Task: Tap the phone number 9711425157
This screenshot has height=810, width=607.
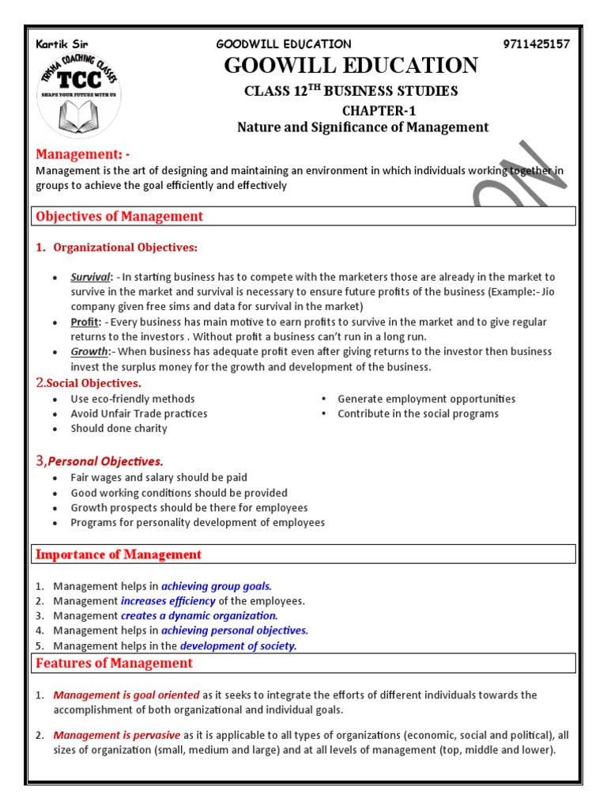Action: (536, 44)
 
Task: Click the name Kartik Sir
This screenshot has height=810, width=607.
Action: (59, 44)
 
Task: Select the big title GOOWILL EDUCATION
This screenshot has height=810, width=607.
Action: (351, 66)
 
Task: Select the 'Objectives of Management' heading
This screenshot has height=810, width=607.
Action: (119, 216)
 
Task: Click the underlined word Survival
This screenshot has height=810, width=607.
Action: (90, 277)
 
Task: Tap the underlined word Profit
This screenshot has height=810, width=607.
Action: (85, 322)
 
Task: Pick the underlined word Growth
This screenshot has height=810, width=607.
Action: (89, 351)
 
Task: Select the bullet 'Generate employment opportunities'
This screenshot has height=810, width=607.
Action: (426, 399)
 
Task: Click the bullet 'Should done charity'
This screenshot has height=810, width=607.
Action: (119, 428)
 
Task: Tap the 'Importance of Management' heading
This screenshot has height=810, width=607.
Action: (119, 555)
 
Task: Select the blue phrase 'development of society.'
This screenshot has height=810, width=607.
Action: (238, 645)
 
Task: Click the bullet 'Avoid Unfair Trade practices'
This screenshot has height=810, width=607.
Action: (139, 414)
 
